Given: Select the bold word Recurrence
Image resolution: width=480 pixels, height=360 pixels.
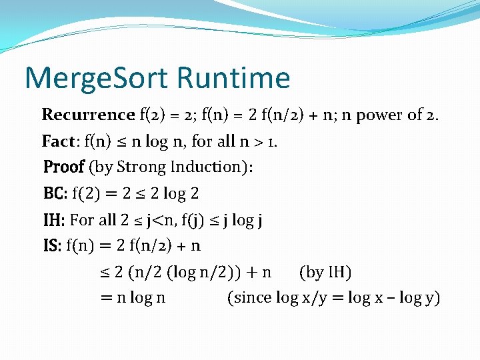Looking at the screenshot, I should point(88,115).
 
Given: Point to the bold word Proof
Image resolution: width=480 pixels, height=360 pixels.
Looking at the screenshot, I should point(63,167).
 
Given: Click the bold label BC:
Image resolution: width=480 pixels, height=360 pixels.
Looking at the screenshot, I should point(55,194).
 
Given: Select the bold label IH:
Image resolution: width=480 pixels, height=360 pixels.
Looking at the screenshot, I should point(54,220).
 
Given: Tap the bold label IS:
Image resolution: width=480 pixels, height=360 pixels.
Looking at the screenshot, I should point(52,246).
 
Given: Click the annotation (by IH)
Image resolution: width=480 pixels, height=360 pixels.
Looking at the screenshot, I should point(325,272).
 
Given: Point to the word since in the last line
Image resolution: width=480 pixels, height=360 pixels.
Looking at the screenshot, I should point(253,298).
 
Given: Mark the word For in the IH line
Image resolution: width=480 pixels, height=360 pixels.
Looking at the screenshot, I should point(82,220).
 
